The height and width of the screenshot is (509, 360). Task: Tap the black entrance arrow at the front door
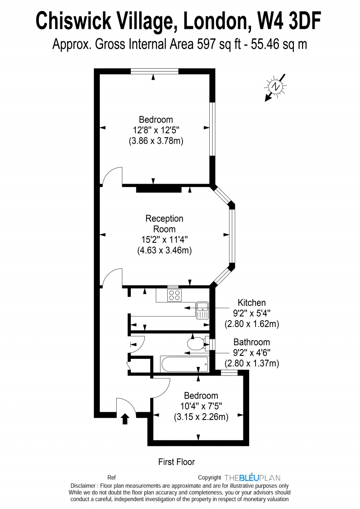[125, 419]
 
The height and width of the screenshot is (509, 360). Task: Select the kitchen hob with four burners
[174, 295]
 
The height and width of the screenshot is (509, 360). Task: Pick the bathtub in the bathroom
[185, 364]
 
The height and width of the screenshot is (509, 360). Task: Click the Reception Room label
[164, 224]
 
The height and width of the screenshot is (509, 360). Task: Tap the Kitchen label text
[251, 303]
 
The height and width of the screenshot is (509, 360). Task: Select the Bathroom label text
[251, 342]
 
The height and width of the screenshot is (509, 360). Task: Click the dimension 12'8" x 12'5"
[156, 130]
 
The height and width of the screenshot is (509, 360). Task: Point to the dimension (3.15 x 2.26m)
[201, 417]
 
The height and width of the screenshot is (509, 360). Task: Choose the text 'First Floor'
[176, 462]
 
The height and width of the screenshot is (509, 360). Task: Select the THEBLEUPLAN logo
[252, 478]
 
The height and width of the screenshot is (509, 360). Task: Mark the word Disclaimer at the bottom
[83, 486]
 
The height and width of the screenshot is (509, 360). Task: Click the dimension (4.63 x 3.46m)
[164, 251]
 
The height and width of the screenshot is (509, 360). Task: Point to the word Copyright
[210, 478]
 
